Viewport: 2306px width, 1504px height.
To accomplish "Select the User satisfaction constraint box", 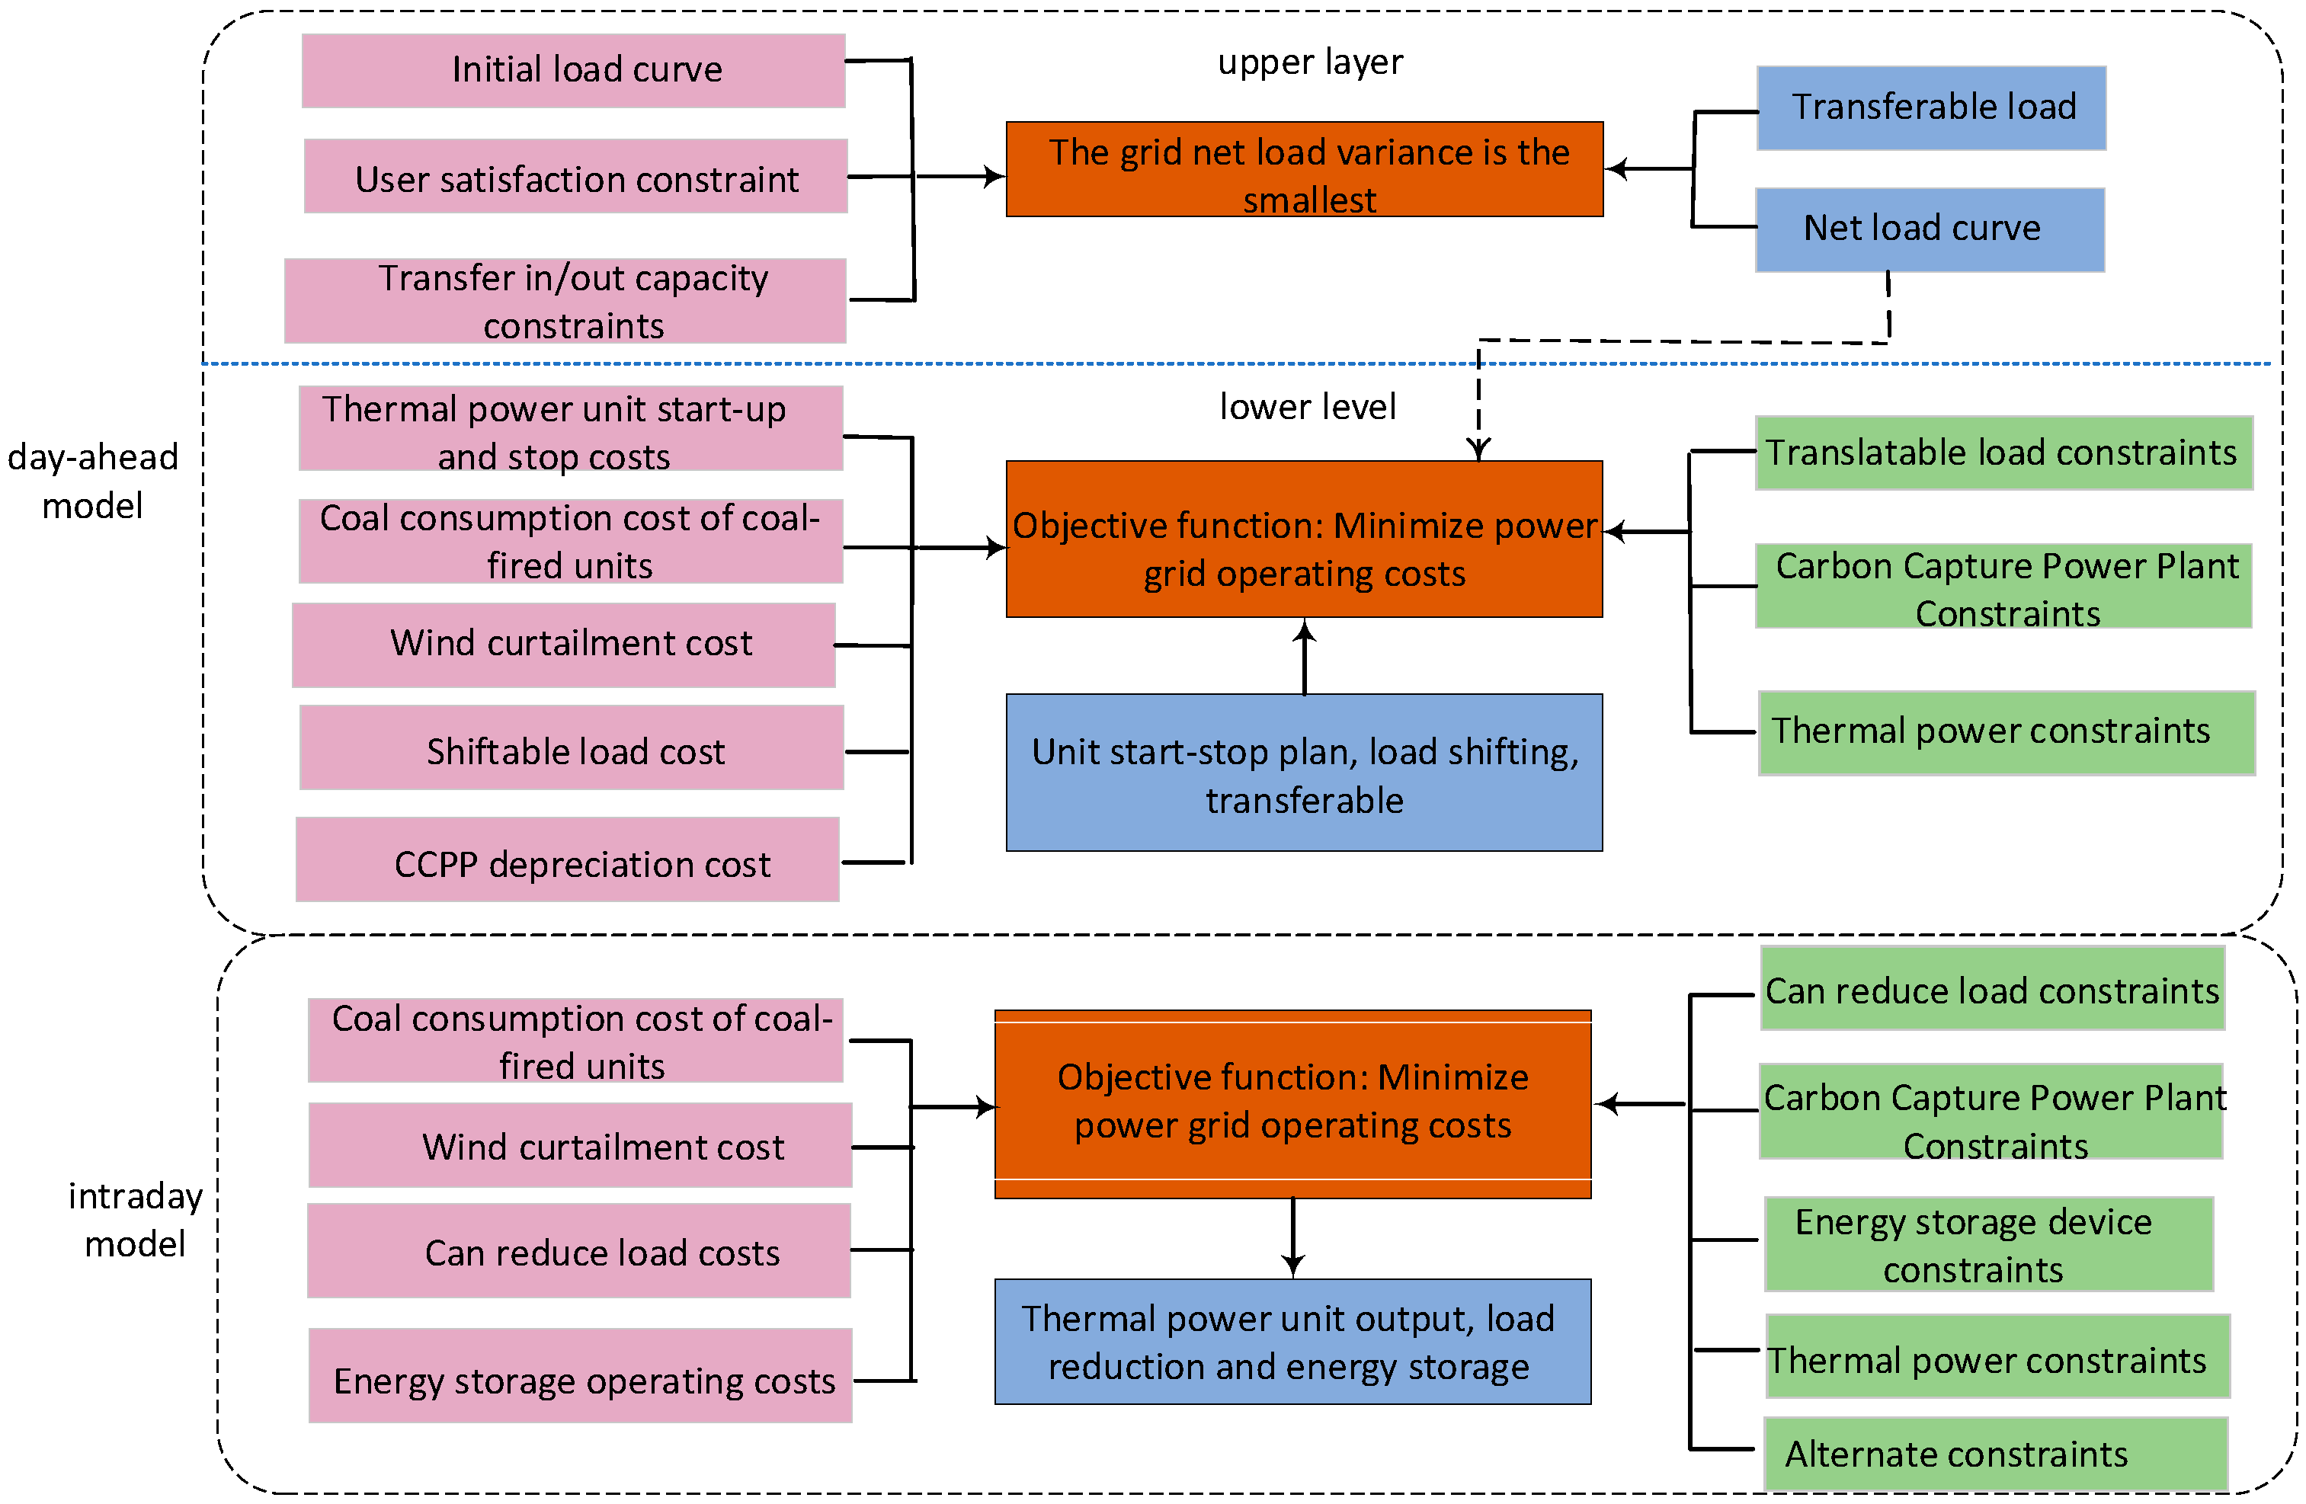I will click(575, 176).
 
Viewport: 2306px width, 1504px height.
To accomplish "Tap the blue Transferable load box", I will click(1930, 107).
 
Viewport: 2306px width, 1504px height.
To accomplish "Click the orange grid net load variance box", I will click(1303, 169).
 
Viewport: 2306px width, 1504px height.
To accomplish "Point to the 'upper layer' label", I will click(1309, 62).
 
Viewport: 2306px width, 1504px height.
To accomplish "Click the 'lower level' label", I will click(1307, 407).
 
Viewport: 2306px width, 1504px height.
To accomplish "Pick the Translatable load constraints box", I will click(2003, 453).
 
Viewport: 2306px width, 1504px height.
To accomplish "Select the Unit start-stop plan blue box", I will click(1303, 773).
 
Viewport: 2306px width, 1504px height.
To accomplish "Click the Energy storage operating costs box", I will click(579, 1375).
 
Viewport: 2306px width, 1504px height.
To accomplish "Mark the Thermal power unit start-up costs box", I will click(571, 429).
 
